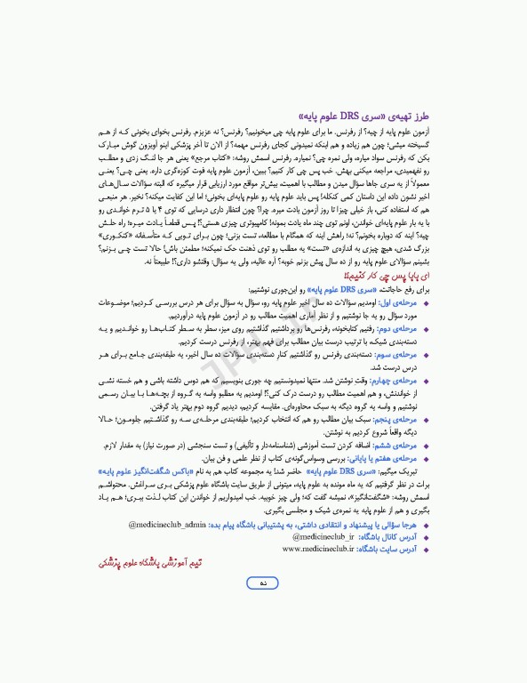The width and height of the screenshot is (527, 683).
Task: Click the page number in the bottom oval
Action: [x=263, y=607]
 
